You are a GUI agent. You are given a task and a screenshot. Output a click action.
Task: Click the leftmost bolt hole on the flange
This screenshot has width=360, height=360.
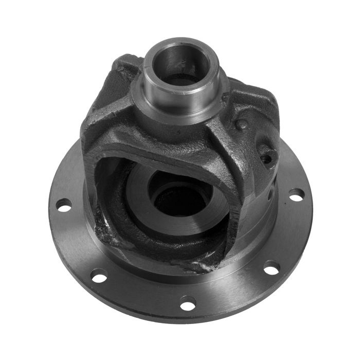[64, 207]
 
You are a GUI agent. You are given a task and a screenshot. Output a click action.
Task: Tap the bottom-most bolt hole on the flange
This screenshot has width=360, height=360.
[188, 304]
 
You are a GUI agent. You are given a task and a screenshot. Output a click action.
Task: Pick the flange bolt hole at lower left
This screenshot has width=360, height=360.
[100, 277]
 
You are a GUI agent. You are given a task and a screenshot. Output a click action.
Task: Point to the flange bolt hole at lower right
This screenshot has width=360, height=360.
[271, 266]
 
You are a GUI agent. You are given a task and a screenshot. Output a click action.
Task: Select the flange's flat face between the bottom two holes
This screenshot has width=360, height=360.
[144, 298]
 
